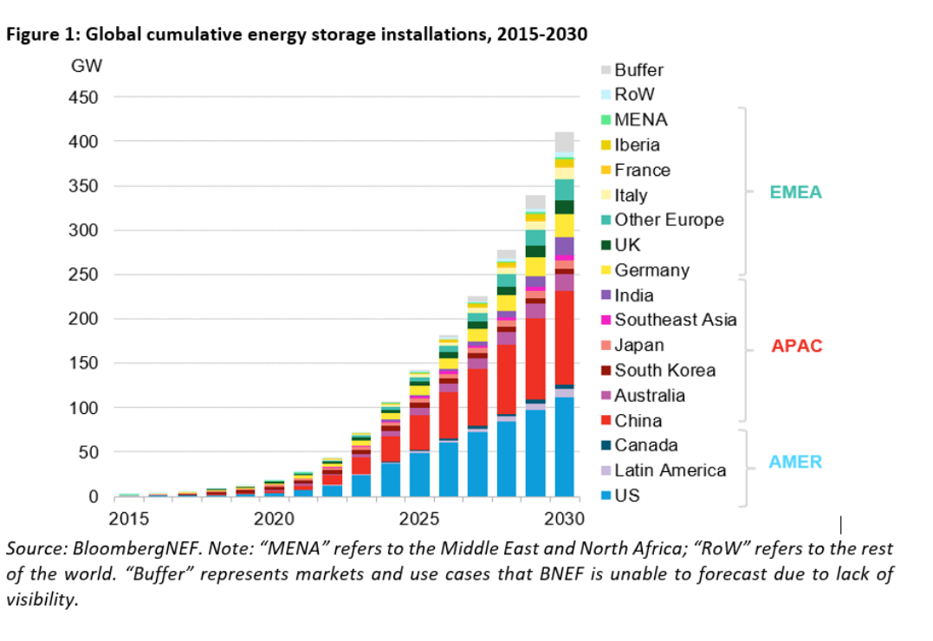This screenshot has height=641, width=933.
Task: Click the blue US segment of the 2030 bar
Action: [565, 447]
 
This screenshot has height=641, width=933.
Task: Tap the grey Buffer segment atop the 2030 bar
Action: [565, 141]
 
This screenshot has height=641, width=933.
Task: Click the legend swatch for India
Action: [606, 295]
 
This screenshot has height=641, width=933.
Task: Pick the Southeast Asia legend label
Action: [676, 320]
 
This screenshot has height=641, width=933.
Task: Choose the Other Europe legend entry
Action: [669, 220]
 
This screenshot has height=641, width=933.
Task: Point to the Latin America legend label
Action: [670, 470]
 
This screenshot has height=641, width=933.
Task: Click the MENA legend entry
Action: [641, 120]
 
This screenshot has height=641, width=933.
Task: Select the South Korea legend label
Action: [664, 370]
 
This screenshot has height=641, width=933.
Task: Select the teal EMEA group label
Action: [795, 192]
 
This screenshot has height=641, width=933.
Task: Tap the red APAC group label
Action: [796, 346]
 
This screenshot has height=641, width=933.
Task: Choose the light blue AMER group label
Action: [795, 462]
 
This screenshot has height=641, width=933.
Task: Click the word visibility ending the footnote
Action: [41, 599]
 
